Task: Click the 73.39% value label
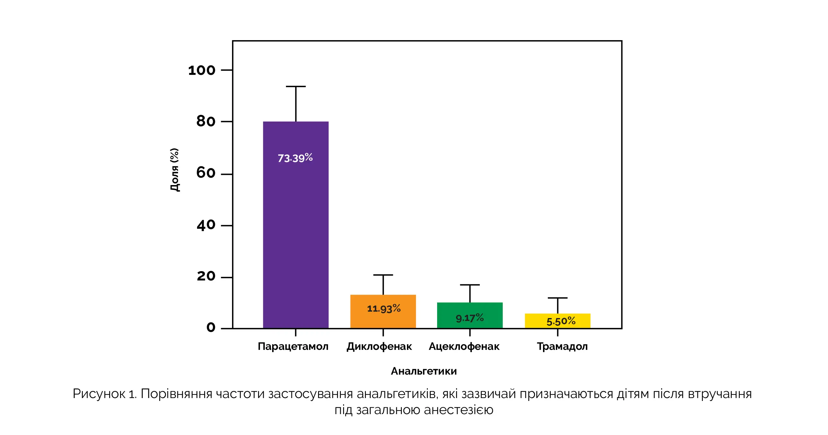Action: click(x=295, y=158)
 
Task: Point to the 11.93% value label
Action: click(x=384, y=308)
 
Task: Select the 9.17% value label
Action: click(x=470, y=318)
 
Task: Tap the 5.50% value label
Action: click(x=561, y=321)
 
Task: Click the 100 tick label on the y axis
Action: click(x=202, y=70)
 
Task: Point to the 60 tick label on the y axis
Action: click(x=206, y=173)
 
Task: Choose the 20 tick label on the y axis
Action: click(x=206, y=276)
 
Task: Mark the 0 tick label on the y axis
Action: click(x=211, y=328)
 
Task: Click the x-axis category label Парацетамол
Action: click(x=293, y=347)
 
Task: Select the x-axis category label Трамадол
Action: click(x=562, y=347)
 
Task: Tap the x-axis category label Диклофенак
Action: click(x=379, y=347)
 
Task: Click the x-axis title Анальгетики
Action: click(x=424, y=371)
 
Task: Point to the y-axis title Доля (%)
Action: click(x=175, y=170)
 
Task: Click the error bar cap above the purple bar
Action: click(x=296, y=86)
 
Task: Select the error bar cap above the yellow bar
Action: click(x=557, y=298)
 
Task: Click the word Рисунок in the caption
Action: click(x=99, y=394)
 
